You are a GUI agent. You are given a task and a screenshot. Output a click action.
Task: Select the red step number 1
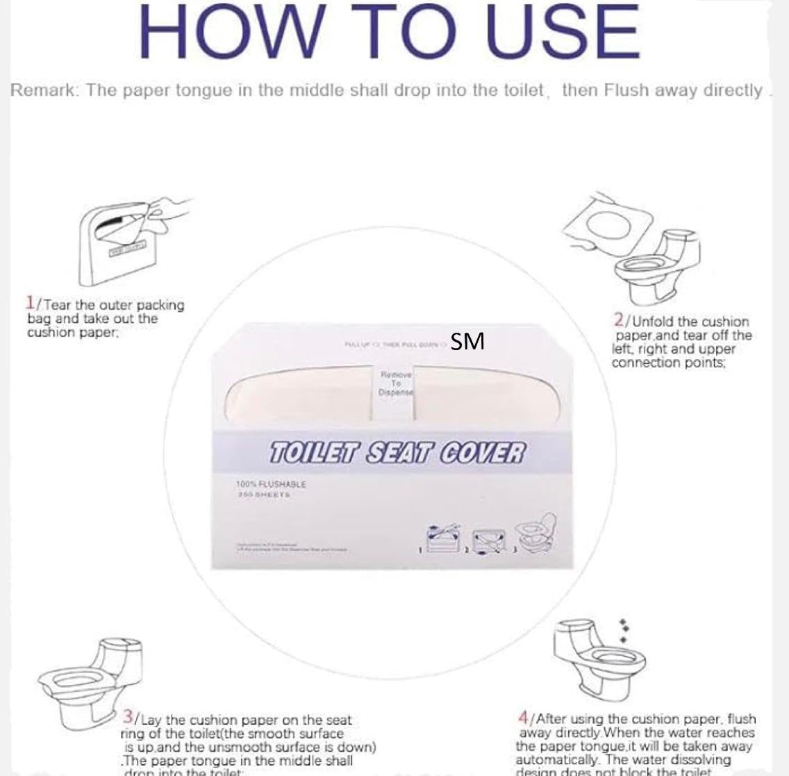point(30,303)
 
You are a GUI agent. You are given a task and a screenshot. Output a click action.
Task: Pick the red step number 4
point(524,717)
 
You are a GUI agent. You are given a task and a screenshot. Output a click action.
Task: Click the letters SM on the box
point(467,342)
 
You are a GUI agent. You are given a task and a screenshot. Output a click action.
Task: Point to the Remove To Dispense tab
point(395,383)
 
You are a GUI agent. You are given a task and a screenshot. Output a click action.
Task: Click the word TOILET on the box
point(313,454)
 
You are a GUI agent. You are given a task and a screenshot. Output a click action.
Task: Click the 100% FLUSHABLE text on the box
point(271,484)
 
